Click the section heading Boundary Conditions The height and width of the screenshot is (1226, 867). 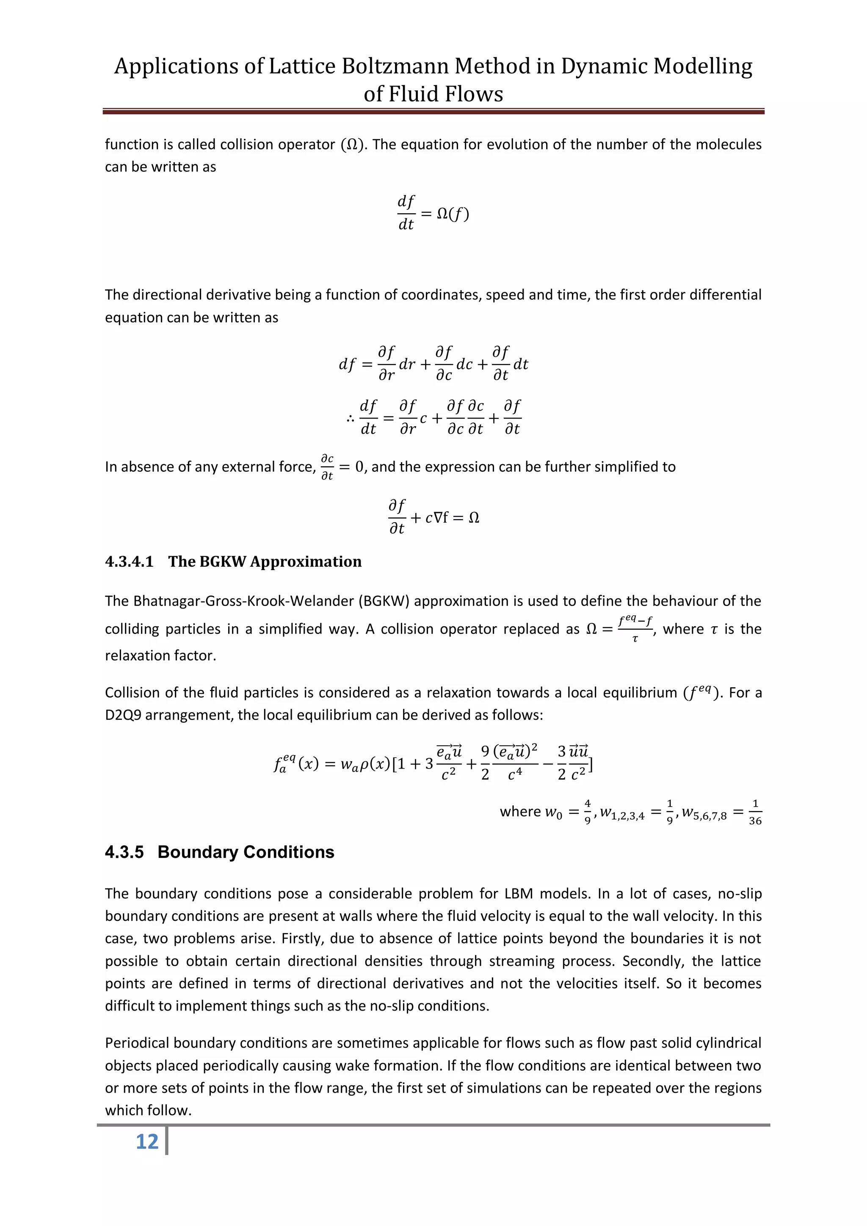pos(246,852)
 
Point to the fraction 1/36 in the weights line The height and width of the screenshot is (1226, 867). pos(755,812)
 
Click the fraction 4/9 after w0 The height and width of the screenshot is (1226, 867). pos(588,812)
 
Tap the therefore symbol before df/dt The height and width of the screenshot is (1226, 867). pos(351,418)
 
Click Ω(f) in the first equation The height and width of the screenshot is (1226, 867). pos(453,214)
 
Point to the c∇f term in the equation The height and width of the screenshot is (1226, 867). pos(437,518)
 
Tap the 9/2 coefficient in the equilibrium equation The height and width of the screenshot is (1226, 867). pos(485,763)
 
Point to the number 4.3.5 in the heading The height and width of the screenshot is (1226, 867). pos(124,852)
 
